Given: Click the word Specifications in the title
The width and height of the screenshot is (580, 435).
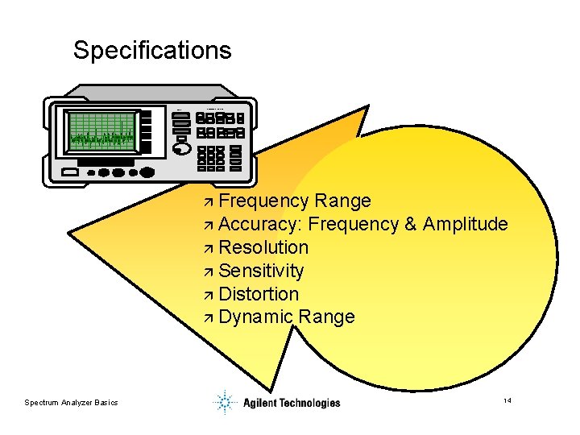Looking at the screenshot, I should [x=152, y=51].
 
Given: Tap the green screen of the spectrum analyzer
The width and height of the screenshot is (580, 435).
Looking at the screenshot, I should [x=101, y=132].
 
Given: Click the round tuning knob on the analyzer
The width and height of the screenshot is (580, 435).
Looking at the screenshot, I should [x=183, y=149].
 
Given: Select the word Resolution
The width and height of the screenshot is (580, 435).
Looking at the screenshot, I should [x=263, y=247].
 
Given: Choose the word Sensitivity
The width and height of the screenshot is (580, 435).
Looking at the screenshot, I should [x=261, y=271].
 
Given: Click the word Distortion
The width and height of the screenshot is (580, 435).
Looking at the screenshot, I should [x=259, y=294].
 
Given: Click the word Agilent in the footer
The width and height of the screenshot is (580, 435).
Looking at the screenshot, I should [x=260, y=403].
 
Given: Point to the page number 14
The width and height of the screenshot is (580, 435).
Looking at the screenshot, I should [x=507, y=400].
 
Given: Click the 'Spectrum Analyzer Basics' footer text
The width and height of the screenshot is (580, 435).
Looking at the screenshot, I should [x=71, y=402].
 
